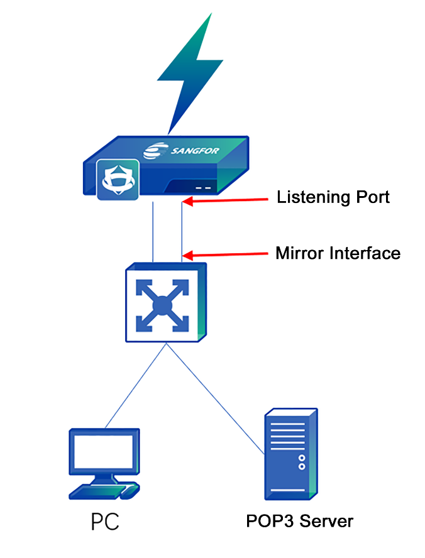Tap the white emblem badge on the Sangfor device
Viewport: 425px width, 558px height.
click(x=118, y=180)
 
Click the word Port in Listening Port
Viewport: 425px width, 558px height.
click(x=372, y=197)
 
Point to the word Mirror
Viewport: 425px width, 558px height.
click(x=299, y=254)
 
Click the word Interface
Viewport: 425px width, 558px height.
click(x=363, y=254)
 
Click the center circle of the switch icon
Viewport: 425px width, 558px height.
click(x=163, y=306)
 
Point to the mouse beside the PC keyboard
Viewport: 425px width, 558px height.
click(x=130, y=491)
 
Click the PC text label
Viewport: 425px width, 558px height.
click(x=105, y=522)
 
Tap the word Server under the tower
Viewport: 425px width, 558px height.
click(x=325, y=522)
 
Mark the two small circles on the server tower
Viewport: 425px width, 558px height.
click(x=302, y=462)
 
